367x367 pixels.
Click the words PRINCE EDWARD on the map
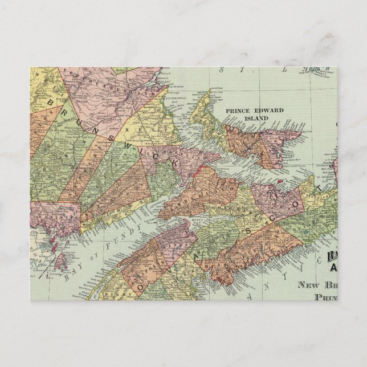tap(254, 111)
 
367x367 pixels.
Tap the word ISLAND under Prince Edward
tap(254, 119)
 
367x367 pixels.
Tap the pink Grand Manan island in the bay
tap(59, 260)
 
